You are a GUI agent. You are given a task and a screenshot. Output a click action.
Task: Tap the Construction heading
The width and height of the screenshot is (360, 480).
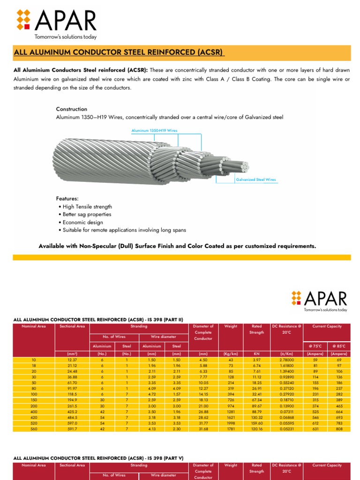tap(72, 109)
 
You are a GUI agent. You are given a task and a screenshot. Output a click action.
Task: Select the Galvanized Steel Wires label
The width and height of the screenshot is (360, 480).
tap(255, 180)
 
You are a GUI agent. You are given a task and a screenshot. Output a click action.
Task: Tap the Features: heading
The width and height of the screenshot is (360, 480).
tap(67, 198)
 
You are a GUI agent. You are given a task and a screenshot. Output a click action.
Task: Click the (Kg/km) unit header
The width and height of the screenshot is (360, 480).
tap(231, 354)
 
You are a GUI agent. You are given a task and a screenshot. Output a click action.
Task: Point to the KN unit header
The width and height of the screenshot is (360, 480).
tap(256, 354)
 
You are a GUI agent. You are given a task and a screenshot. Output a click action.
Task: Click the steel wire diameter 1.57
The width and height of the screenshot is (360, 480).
tap(177, 395)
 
